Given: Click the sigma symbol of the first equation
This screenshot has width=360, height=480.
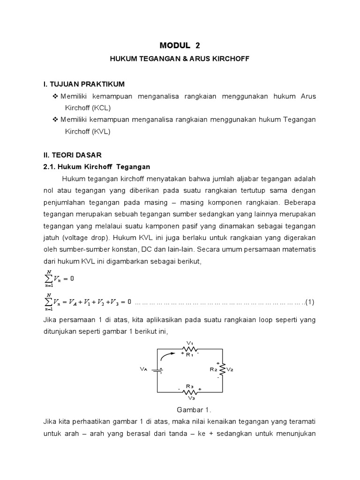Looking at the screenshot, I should tap(49, 278).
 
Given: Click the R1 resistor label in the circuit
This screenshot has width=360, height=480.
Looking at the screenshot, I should tap(189, 355).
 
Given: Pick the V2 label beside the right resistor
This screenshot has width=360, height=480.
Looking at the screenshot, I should tap(230, 369).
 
